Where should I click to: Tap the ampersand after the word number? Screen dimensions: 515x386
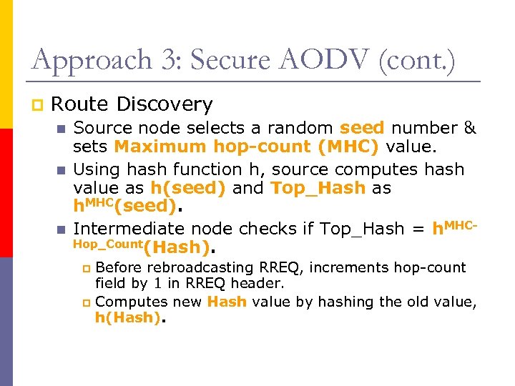470,128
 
